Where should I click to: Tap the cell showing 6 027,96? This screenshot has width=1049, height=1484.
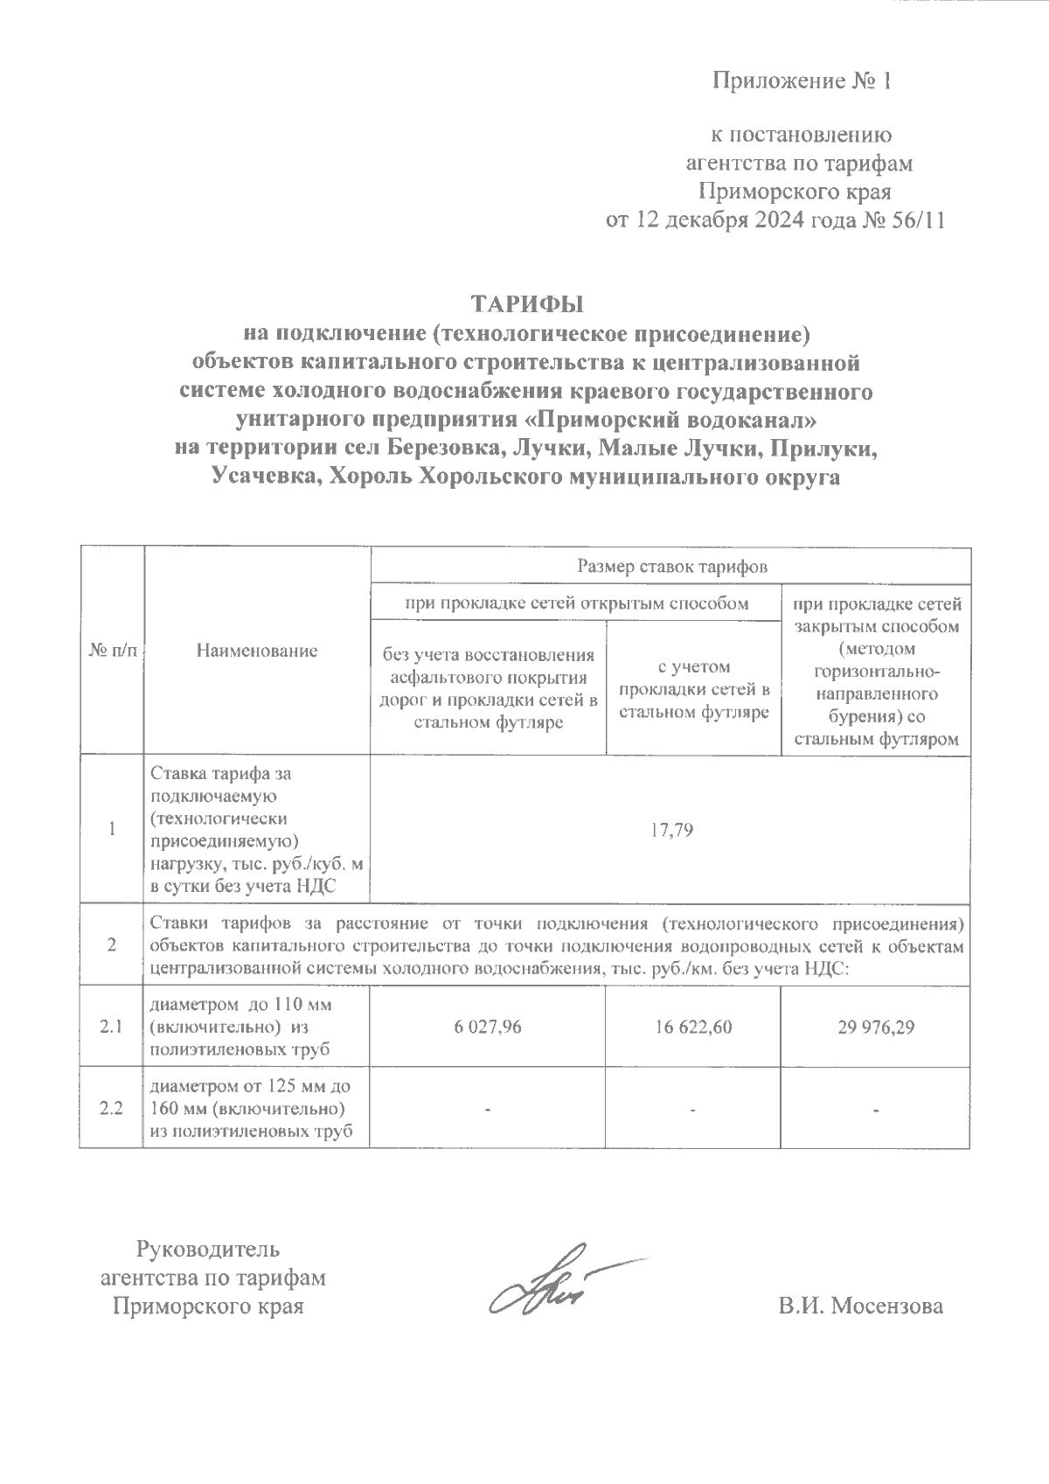[x=488, y=1028]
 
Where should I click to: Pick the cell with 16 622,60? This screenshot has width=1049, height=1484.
[x=691, y=1028]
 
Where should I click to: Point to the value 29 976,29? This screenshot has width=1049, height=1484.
[x=874, y=1028]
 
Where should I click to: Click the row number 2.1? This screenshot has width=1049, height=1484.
[x=111, y=1028]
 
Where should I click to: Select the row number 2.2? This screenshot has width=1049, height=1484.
[x=111, y=1109]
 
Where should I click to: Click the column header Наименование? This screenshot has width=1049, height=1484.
[x=257, y=651]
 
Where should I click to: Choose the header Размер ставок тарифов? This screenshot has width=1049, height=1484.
[x=671, y=567]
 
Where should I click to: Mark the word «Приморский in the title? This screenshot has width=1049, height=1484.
[x=596, y=420]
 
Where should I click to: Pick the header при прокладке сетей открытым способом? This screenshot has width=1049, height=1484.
[x=575, y=603]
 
